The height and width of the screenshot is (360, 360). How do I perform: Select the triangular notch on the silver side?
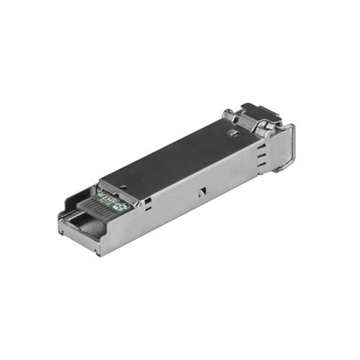click(x=202, y=191)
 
